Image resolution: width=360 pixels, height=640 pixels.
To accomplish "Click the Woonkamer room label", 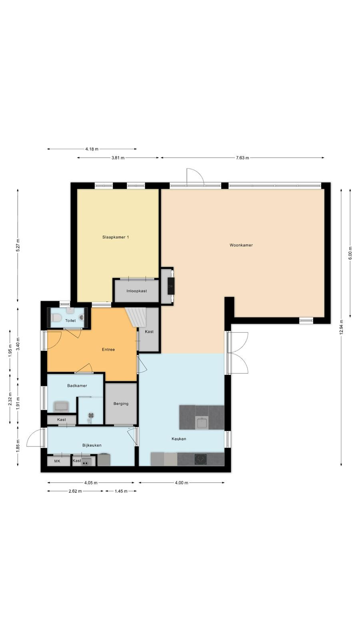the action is point(241,245).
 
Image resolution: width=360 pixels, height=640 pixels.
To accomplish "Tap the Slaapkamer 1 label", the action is point(116,237).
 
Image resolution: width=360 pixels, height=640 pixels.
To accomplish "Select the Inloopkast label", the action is point(136,291).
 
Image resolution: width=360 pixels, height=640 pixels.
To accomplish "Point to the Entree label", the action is point(108,350).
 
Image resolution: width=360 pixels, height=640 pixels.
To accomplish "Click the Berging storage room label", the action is point(121,404).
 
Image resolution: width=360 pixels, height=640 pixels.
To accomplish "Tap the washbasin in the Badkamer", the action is point(61,406).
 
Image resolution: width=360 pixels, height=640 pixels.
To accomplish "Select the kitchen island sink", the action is point(202,423).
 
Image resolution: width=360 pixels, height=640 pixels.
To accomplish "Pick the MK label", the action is point(57,461).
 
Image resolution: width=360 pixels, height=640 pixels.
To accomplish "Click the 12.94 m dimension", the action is point(341,327).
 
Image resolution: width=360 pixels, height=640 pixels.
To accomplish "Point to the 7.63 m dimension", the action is point(242,158).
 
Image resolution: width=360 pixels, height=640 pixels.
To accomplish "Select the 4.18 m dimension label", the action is point(92,149).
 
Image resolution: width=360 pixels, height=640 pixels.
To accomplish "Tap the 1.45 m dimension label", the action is point(121,491).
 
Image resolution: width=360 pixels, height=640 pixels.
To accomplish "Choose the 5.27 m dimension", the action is point(18,245).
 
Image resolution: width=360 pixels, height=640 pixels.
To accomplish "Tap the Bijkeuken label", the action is point(92,445).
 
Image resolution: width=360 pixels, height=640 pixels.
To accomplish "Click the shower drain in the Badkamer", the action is point(91,416).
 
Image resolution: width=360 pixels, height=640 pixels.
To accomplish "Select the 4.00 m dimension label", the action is point(182,483).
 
